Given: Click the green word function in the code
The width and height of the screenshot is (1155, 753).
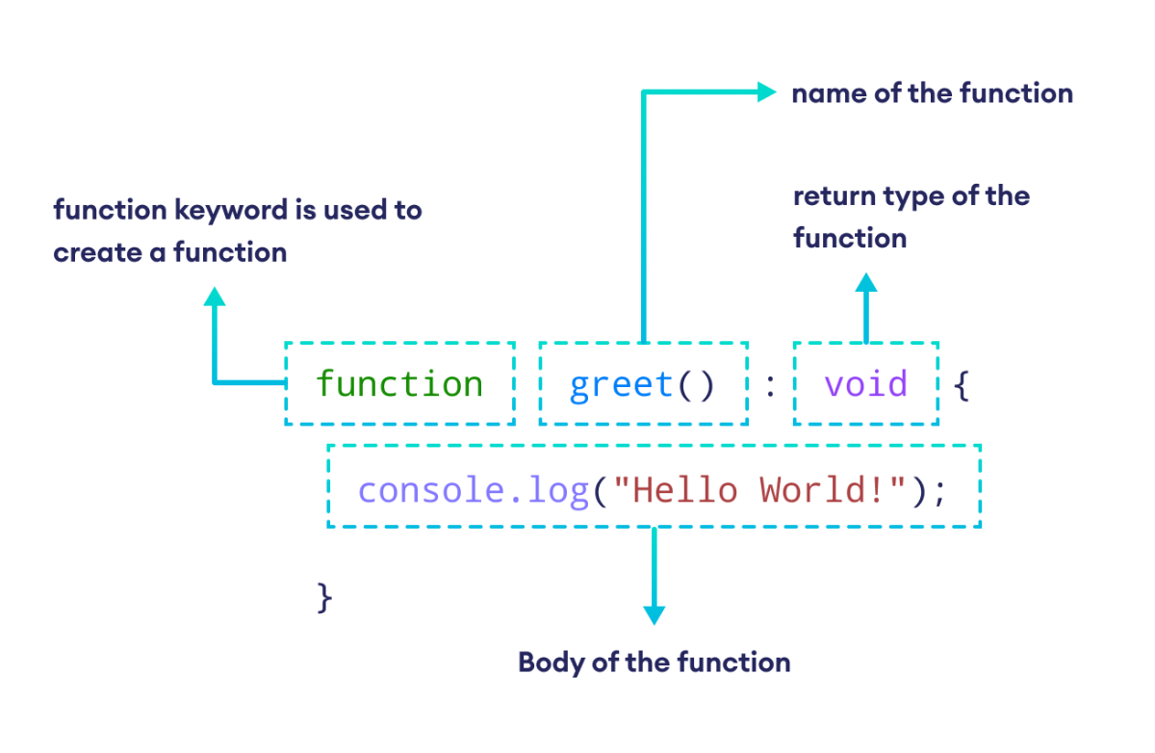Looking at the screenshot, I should click(x=398, y=384).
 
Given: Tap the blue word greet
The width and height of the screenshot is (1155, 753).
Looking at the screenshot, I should click(x=622, y=385).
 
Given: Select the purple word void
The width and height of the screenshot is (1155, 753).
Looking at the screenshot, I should click(x=865, y=384).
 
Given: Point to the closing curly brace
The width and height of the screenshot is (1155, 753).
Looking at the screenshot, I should click(x=324, y=597).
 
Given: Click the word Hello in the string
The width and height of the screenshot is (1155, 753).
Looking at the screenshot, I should click(x=683, y=491).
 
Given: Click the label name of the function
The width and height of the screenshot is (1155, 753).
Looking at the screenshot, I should click(x=931, y=93).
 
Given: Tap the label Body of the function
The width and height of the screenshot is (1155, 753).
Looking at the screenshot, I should click(x=654, y=662).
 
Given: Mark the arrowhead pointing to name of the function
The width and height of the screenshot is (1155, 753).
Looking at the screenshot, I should click(x=766, y=92).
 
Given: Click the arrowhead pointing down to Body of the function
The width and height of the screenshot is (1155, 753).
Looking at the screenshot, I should click(x=654, y=614).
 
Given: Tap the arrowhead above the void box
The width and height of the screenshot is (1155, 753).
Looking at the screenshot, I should click(x=866, y=283).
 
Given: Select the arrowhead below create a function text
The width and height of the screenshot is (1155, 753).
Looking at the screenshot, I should click(x=215, y=296).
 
